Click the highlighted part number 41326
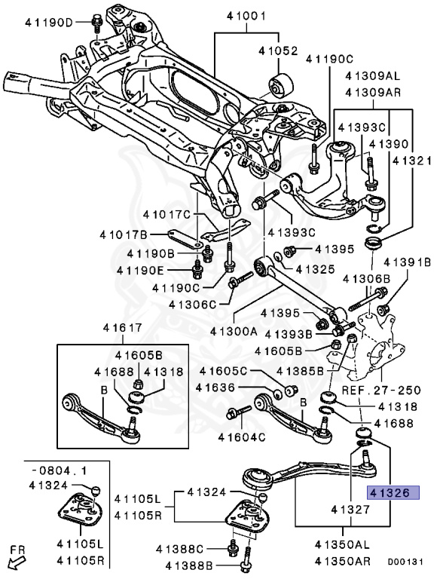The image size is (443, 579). tap(393, 492)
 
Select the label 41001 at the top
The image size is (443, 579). tap(246, 17)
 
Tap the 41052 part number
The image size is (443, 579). tap(278, 51)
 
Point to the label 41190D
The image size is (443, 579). tap(50, 23)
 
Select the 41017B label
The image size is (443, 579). tap(124, 234)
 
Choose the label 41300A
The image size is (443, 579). tap(234, 331)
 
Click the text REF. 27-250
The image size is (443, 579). tap(381, 390)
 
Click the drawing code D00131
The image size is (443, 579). tap(405, 562)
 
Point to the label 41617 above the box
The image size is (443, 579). tap(122, 327)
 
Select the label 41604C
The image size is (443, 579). tap(242, 437)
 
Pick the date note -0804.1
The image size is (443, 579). tap(59, 470)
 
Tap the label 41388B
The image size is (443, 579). tap(189, 565)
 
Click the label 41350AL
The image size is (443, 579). tap(342, 544)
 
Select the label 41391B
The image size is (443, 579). tap(407, 262)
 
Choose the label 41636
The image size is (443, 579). tap(215, 388)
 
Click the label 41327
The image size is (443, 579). tap(350, 510)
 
